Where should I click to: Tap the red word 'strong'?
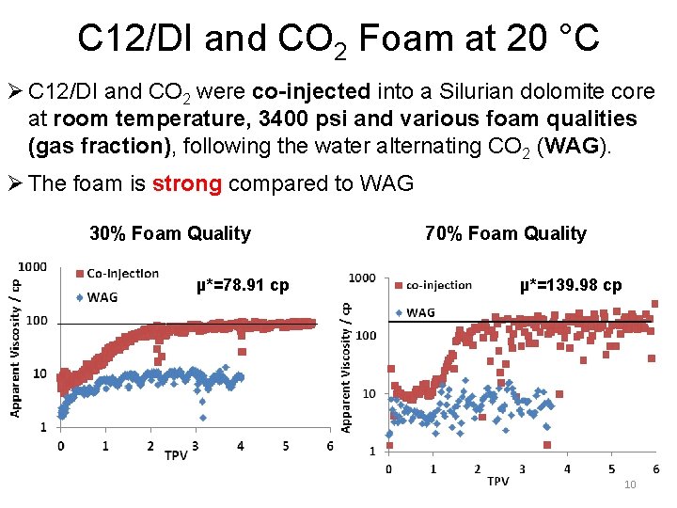click(187, 183)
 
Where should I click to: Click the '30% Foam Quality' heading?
click(170, 233)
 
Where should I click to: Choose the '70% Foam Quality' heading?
click(505, 233)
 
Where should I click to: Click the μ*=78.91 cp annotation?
click(243, 284)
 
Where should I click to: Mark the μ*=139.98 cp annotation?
click(571, 284)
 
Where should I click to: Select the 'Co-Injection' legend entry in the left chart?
click(122, 274)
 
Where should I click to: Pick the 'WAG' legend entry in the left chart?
click(102, 296)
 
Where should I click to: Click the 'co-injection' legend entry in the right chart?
click(439, 284)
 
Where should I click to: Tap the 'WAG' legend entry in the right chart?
click(421, 312)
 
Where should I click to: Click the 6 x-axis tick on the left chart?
click(329, 447)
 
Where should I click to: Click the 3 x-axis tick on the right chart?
click(522, 468)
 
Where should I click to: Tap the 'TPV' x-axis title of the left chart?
click(176, 455)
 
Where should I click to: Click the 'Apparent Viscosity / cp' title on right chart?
click(347, 367)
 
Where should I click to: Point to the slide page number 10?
click(630, 484)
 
